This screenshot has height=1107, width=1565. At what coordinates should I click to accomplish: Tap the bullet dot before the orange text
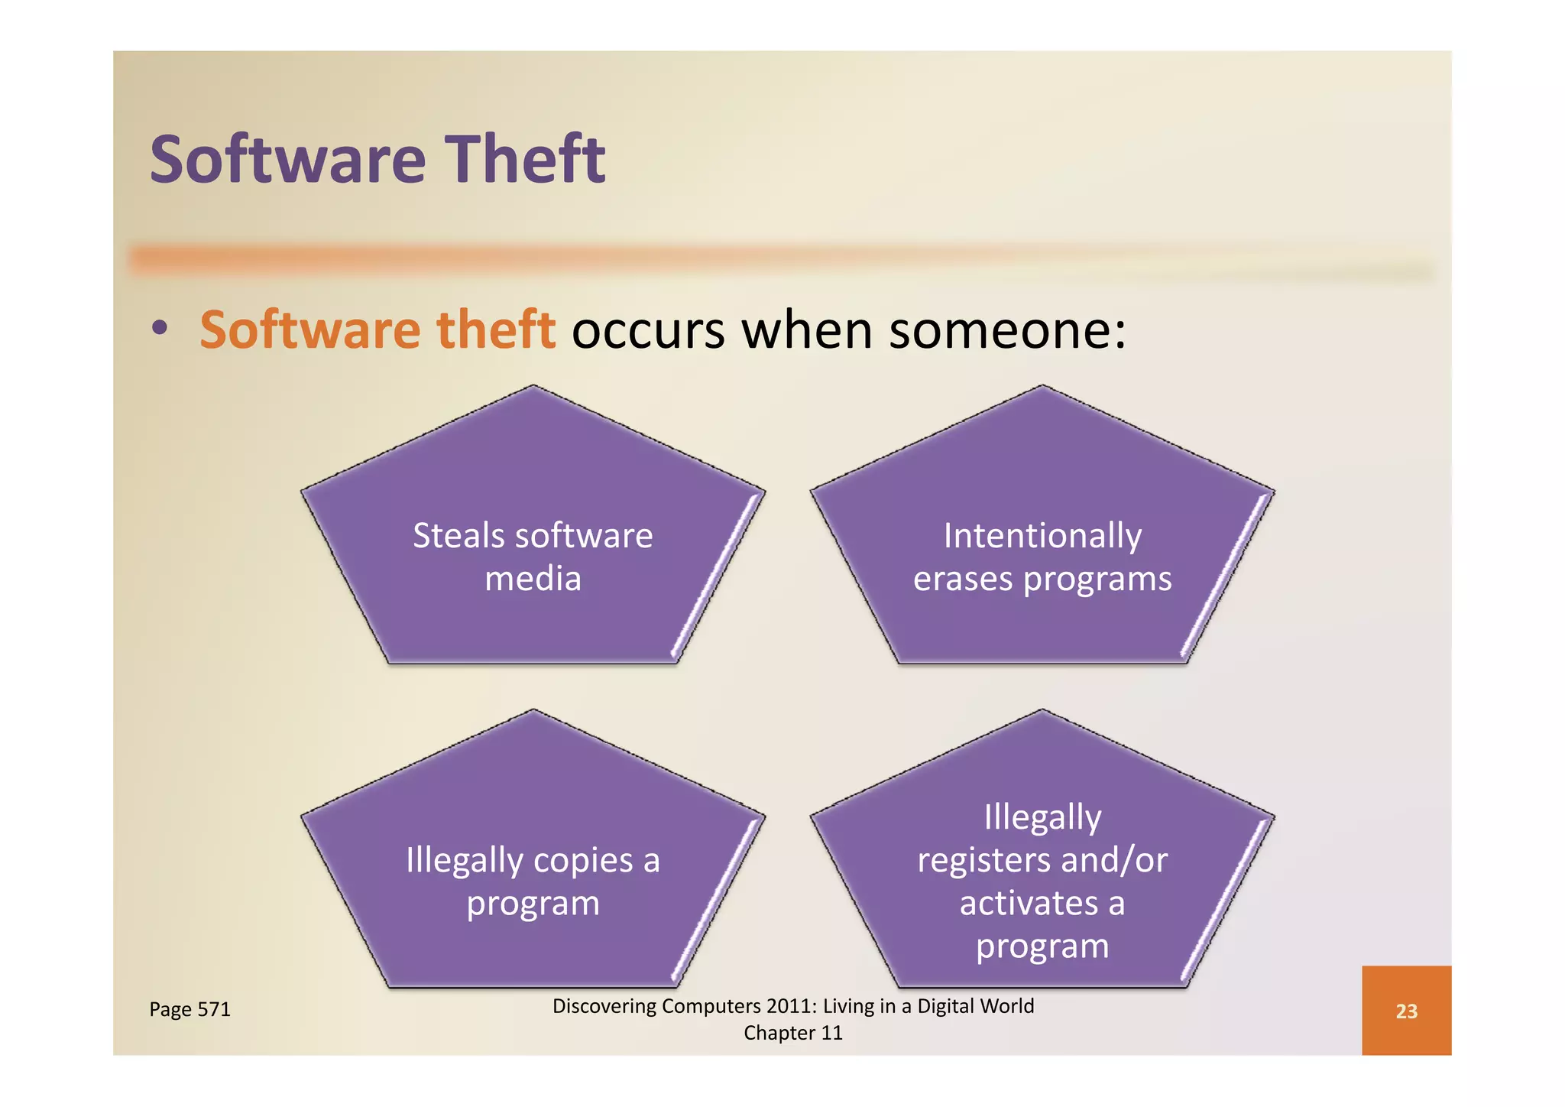click(x=159, y=329)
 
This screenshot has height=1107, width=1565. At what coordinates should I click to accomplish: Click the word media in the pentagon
click(x=533, y=579)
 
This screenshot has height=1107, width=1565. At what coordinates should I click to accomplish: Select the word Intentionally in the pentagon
click(x=1042, y=536)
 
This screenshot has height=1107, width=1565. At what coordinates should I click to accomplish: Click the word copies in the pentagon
click(x=583, y=861)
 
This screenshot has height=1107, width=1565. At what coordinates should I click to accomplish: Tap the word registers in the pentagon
click(x=983, y=861)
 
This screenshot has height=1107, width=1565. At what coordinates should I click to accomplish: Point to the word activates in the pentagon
click(x=1029, y=904)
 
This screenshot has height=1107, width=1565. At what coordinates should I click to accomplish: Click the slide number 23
click(x=1406, y=1011)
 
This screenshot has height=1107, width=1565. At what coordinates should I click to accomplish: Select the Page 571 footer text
click(x=190, y=1009)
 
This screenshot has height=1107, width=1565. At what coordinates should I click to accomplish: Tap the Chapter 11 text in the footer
click(x=793, y=1033)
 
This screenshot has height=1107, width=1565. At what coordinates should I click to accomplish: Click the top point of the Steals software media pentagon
click(x=533, y=387)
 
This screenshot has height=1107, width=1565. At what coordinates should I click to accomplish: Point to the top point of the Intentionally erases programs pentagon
click(x=1042, y=387)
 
